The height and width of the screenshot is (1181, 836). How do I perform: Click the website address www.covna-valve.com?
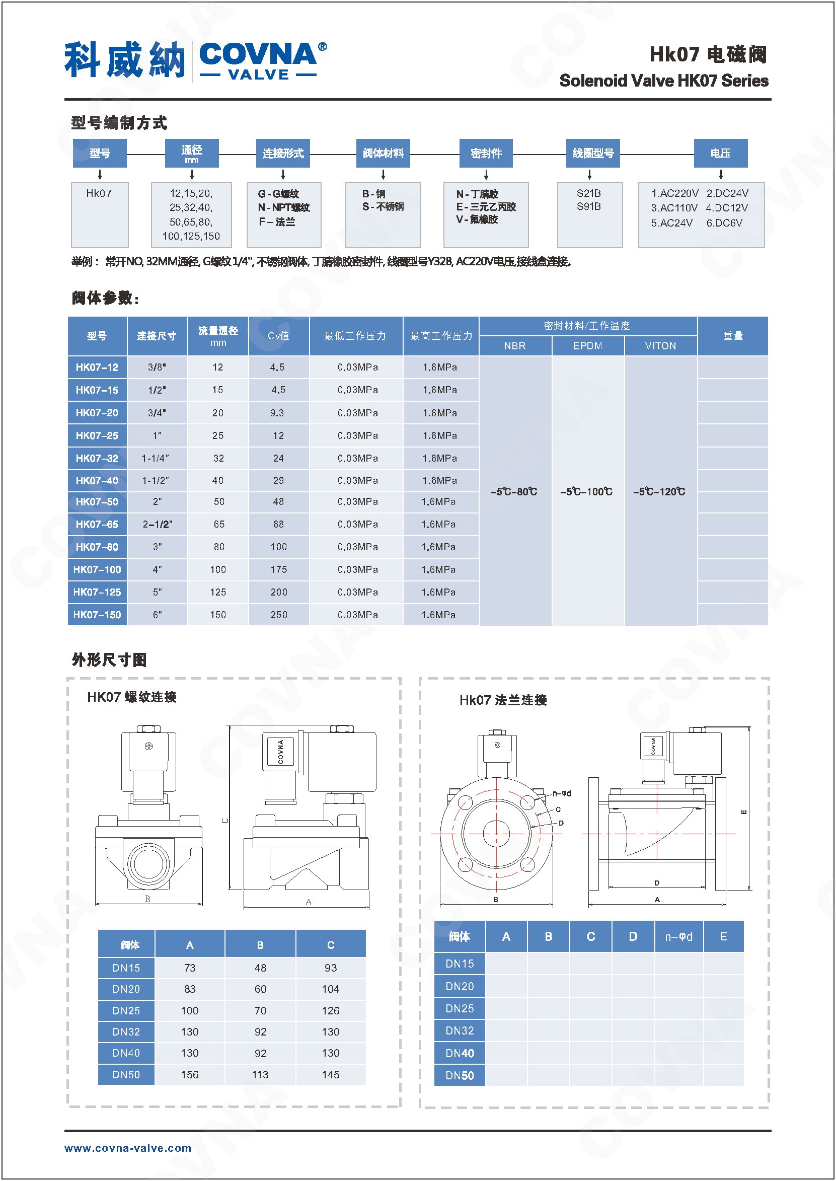tap(128, 1148)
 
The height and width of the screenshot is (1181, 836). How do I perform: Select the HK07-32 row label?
tap(97, 458)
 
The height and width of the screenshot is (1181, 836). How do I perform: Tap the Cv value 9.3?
tap(277, 413)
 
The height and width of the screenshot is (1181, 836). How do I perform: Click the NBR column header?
tap(515, 346)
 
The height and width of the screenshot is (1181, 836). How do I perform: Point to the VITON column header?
tap(660, 346)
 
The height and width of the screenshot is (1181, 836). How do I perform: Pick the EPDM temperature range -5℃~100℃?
tap(586, 492)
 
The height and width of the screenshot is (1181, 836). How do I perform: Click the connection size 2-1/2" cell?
tap(157, 524)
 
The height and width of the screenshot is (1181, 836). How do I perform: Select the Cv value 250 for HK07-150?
tap(278, 615)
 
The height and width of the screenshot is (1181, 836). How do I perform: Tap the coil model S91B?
tap(588, 206)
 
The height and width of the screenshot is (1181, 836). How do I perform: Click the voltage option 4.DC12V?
tap(727, 208)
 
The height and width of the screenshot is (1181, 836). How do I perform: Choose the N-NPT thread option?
tap(284, 207)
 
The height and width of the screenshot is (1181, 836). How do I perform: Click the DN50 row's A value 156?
tap(189, 1074)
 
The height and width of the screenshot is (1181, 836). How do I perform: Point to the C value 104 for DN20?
tap(331, 989)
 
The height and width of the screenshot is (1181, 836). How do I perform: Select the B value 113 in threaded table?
tap(261, 1074)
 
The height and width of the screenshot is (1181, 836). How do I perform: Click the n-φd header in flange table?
tap(678, 936)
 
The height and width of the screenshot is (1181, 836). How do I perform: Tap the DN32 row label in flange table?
tap(460, 1030)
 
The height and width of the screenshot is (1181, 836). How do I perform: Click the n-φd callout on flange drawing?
tap(562, 793)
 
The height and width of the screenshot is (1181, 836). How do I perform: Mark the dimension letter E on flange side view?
tap(743, 812)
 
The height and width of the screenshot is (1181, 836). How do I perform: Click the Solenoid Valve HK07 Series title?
tap(663, 81)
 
